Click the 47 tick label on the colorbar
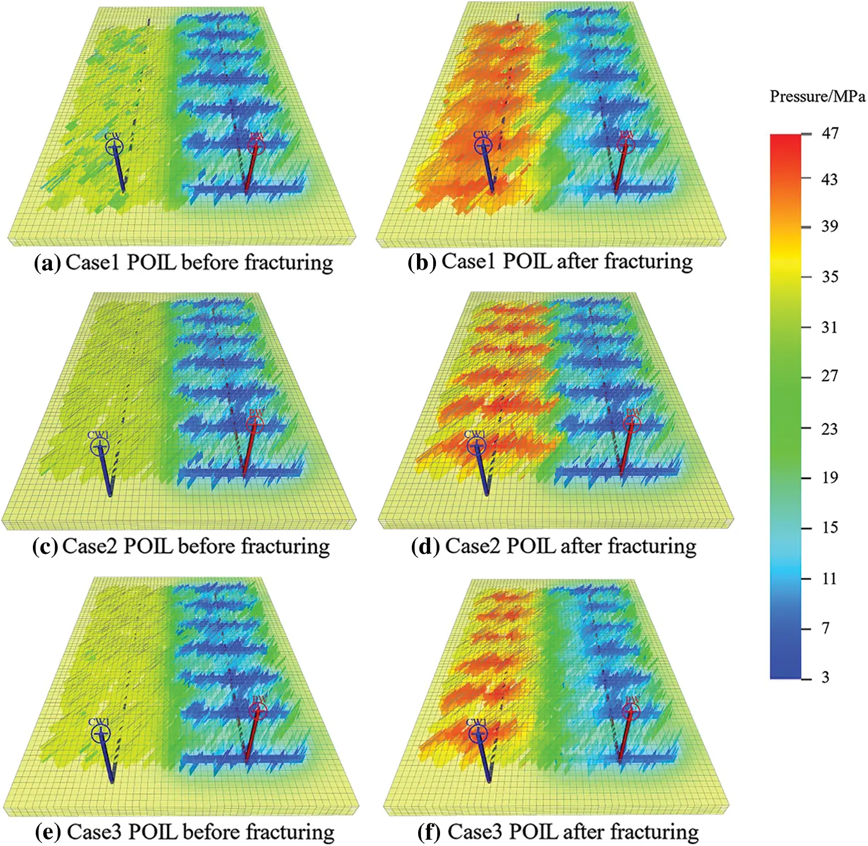829,133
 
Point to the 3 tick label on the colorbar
825,677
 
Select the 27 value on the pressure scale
829,376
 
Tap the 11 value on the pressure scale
829,578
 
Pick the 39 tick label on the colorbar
829,226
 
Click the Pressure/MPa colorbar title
817,96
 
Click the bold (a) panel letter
47,263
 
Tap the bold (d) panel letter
425,546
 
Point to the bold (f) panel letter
429,832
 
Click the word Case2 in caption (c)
89,546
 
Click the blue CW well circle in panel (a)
114,147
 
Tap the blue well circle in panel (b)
483,146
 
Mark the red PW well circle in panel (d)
632,424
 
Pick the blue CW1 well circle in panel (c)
100,446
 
